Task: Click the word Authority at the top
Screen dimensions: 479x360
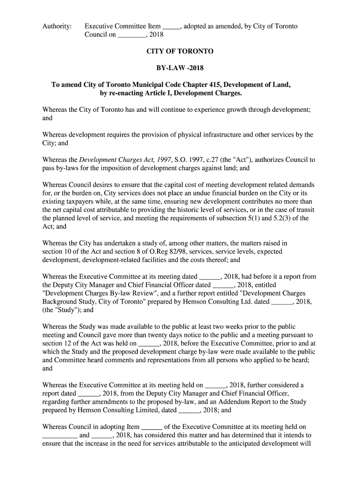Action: pyautogui.click(x=57, y=26)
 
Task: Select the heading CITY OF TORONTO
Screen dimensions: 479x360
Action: pyautogui.click(x=180, y=51)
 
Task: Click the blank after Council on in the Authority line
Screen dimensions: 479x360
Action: pyautogui.click(x=131, y=35)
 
